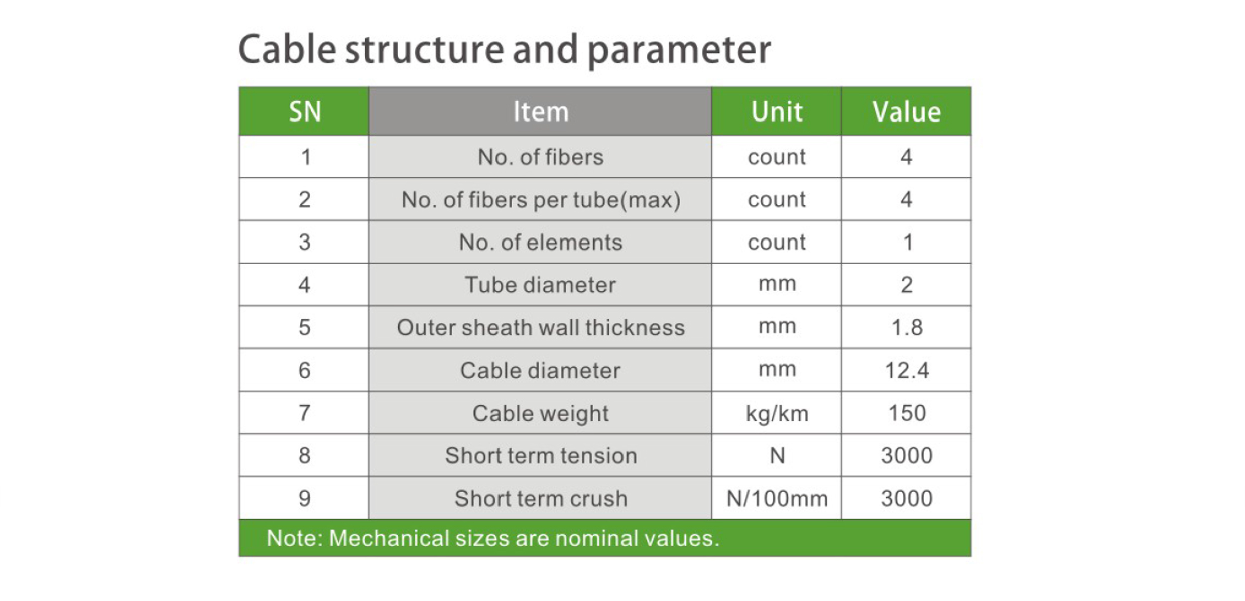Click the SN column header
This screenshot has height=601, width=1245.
pos(304,111)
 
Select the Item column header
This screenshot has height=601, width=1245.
pos(541,111)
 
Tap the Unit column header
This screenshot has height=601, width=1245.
pos(777,111)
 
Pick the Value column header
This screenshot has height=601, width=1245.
pos(906,111)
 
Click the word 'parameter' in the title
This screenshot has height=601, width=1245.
pos(679,50)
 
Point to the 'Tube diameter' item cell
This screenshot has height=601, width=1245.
pos(540,285)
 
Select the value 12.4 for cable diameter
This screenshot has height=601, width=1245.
pos(906,370)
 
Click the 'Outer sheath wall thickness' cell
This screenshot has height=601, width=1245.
pos(540,327)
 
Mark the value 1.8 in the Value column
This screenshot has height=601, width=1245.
pos(907,327)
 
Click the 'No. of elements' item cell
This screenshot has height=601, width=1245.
pos(540,242)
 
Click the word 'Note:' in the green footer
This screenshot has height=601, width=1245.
pos(295,538)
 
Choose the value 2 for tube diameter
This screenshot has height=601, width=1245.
pos(906,285)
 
